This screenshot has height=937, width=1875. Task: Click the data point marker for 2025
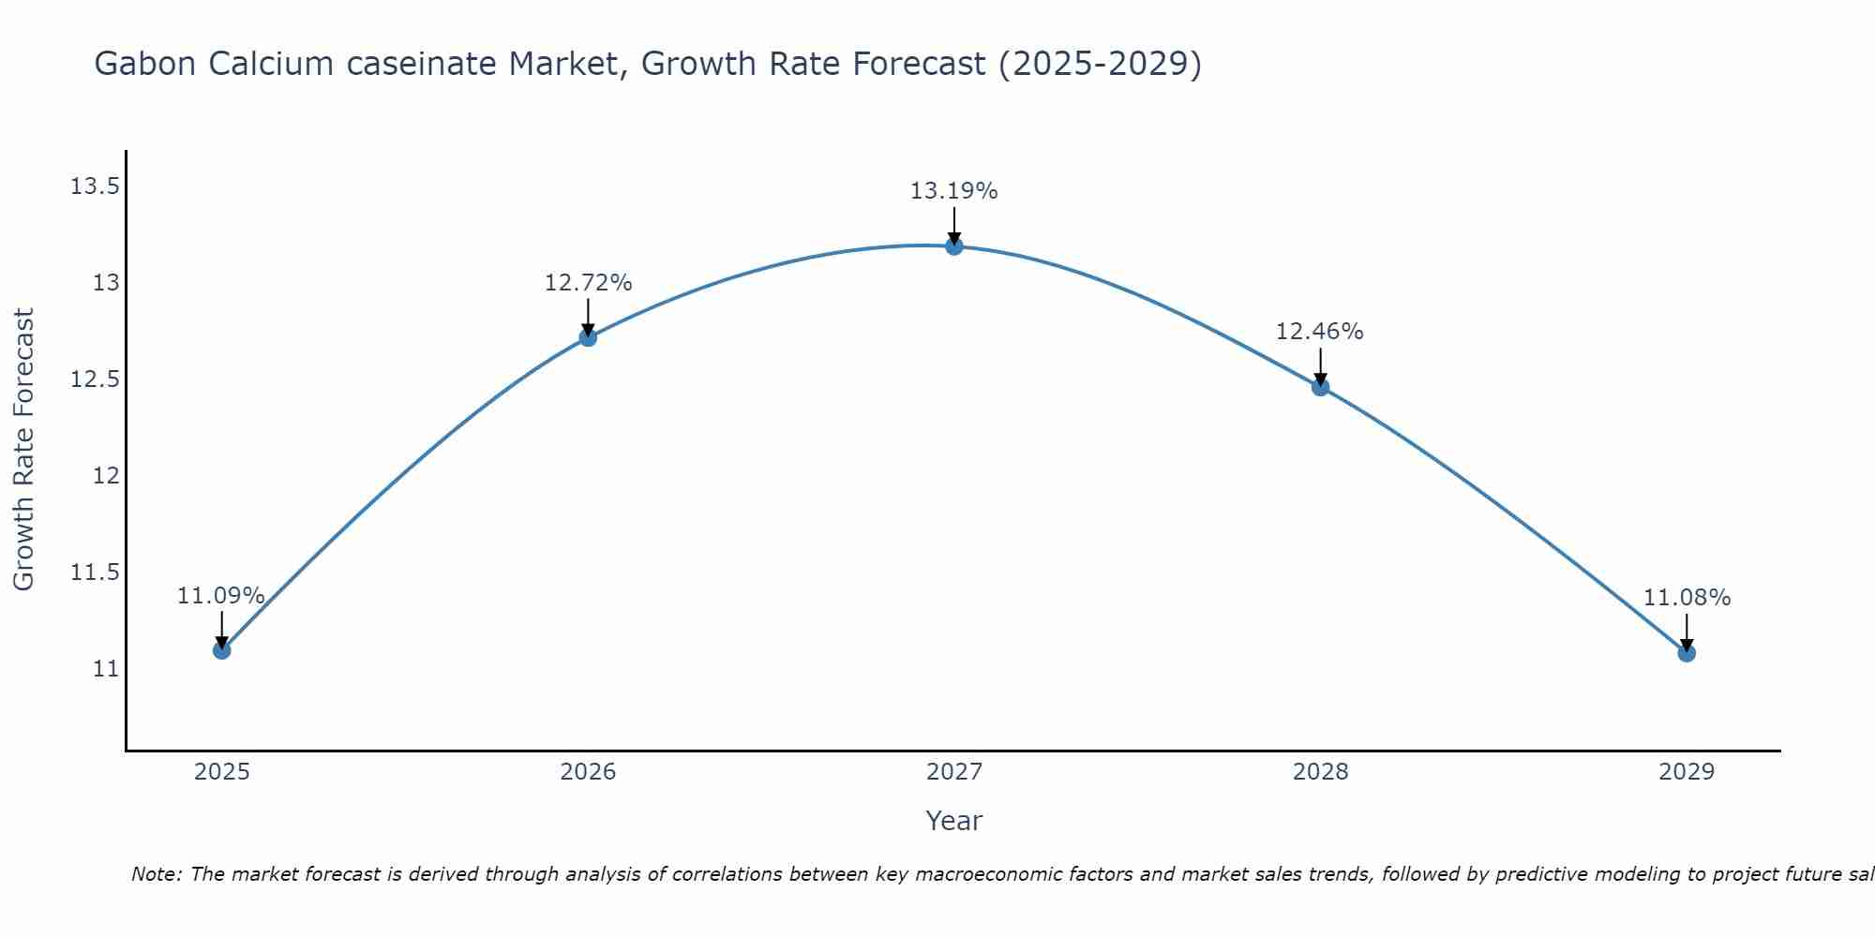tap(221, 649)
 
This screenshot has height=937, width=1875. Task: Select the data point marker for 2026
tap(588, 337)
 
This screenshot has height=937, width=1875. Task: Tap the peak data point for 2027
tap(954, 246)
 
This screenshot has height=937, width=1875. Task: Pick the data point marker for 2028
tap(1320, 387)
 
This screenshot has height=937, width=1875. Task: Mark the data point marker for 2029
tap(1687, 652)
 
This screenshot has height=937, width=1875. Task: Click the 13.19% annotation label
tap(953, 191)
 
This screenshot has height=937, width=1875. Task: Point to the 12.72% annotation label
tap(588, 283)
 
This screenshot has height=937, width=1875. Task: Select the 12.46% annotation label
tap(1319, 332)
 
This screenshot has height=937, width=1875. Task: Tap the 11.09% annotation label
tap(220, 596)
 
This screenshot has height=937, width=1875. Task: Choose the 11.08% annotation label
tap(1687, 598)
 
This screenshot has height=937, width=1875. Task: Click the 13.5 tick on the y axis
tap(95, 186)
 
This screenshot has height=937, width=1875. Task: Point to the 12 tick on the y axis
tap(107, 476)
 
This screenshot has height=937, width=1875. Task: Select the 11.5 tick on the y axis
tap(95, 573)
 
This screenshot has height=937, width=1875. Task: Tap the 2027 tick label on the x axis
tap(953, 772)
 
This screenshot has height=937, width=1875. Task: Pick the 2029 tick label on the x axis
tap(1687, 772)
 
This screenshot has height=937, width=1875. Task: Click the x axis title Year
tap(953, 821)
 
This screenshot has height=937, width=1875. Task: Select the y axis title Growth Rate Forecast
tap(24, 450)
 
